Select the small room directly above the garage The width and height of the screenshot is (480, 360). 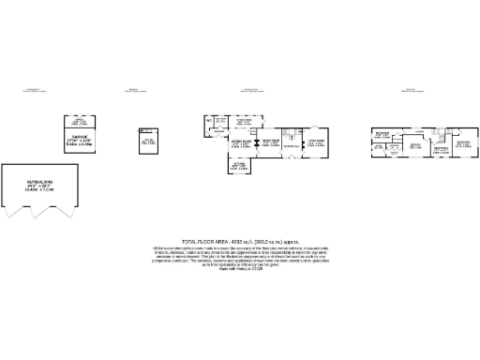(x=79, y=122)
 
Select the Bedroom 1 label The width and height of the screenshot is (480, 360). (x=463, y=144)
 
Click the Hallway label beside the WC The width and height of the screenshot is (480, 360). (x=221, y=121)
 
